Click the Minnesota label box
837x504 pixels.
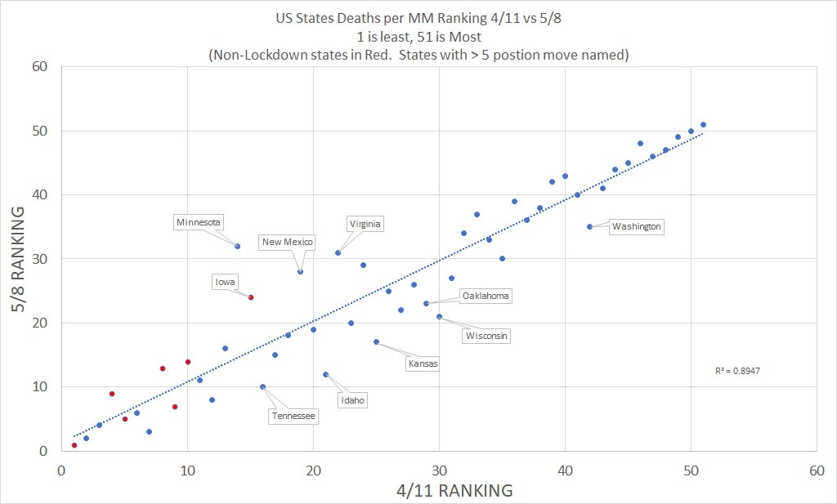[x=199, y=221]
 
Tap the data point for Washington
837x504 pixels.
[x=589, y=226]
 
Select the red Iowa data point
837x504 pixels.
[x=251, y=297]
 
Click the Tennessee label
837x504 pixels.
[x=293, y=416]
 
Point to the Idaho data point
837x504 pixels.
[x=325, y=374]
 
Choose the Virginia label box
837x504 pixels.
[x=365, y=224]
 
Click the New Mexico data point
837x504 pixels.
[x=300, y=271]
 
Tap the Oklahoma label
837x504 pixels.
[x=486, y=296]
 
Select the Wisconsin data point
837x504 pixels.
[x=439, y=316]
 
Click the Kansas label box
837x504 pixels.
[x=423, y=364]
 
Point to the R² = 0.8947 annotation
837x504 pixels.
[x=737, y=371]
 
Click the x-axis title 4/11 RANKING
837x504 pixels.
[x=439, y=490]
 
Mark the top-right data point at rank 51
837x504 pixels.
[x=703, y=125]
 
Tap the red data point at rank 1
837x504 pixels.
[x=74, y=445]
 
